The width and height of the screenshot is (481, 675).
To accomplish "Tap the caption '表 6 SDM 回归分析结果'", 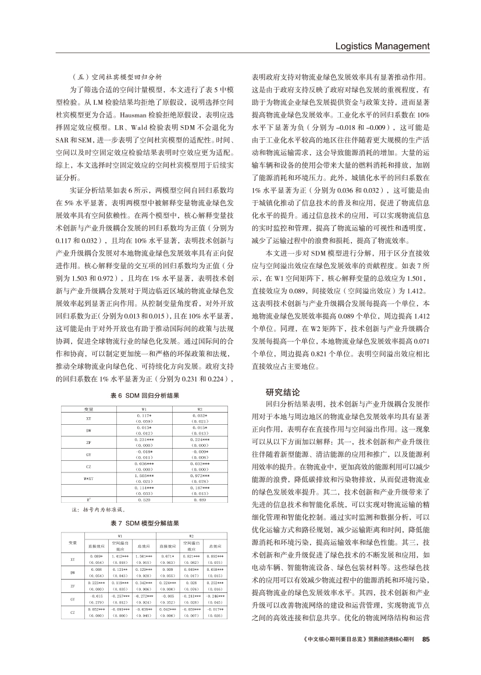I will point(145,396).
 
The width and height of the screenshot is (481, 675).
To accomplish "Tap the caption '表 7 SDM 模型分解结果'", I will point(145,523).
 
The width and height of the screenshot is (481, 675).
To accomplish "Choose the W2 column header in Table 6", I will point(199,408).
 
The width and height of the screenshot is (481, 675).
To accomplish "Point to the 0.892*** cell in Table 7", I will point(213,557).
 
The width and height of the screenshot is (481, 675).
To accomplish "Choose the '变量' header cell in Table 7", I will point(73,543).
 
